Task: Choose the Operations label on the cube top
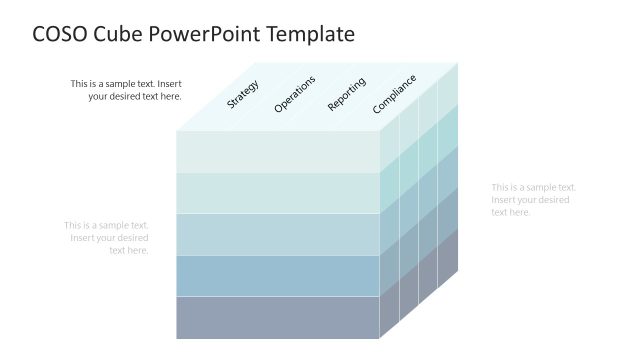pyautogui.click(x=294, y=93)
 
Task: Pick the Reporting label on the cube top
pyautogui.click(x=346, y=93)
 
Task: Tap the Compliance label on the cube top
pyautogui.click(x=394, y=93)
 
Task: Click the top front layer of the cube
pyautogui.click(x=278, y=151)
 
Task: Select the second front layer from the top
pyautogui.click(x=278, y=192)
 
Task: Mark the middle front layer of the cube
pyautogui.click(x=278, y=234)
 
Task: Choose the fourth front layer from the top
pyautogui.click(x=278, y=275)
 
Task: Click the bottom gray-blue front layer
pyautogui.click(x=278, y=317)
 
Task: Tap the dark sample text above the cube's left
pyautogui.click(x=126, y=90)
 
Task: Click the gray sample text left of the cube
pyautogui.click(x=107, y=237)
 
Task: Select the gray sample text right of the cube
pyautogui.click(x=533, y=199)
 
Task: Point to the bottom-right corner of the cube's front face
pyautogui.click(x=380, y=338)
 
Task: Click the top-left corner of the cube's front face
pyautogui.click(x=177, y=131)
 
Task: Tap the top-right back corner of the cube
pyautogui.click(x=458, y=63)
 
